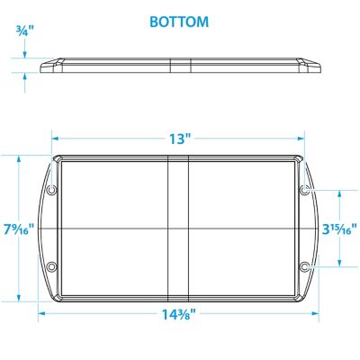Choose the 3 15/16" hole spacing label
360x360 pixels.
tap(341, 229)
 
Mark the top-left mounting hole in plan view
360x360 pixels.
tap(51, 191)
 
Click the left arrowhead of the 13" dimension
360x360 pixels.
tap(56, 139)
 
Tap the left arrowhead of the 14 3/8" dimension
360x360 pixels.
tap(41, 315)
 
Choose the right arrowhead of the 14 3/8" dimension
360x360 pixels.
tap(318, 315)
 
